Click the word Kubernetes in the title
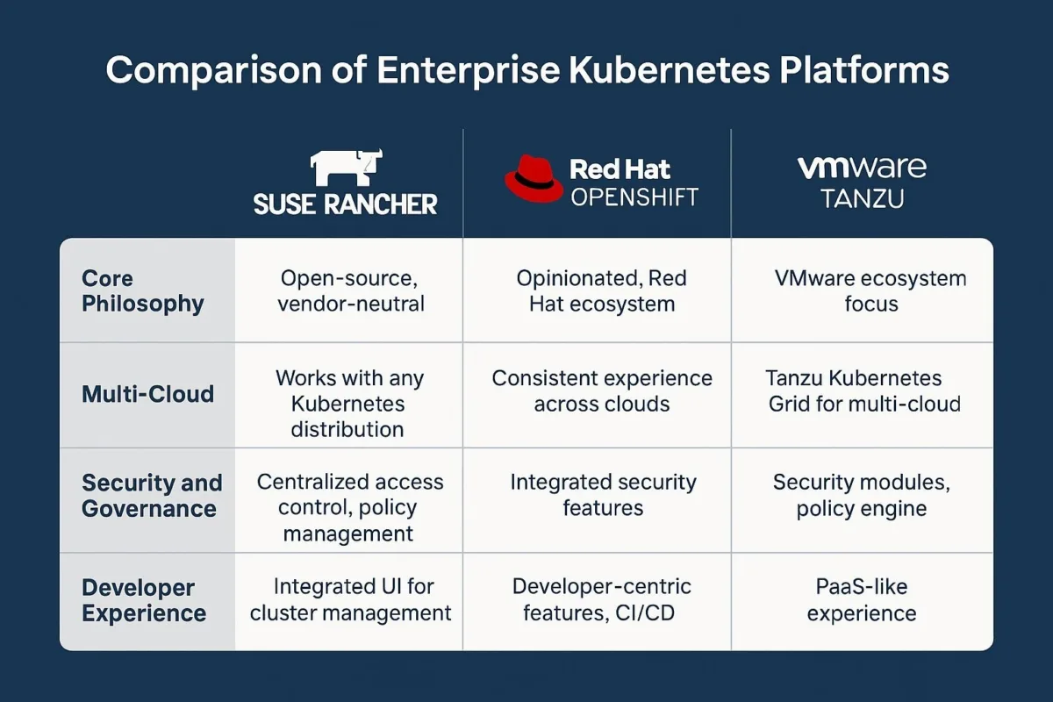pyautogui.click(x=670, y=70)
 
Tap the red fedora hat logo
pyautogui.click(x=534, y=179)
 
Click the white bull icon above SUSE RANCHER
pyautogui.click(x=346, y=168)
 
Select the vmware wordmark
pyautogui.click(x=862, y=168)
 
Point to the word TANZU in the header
pyautogui.click(x=862, y=198)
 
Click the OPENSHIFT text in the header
pyautogui.click(x=634, y=197)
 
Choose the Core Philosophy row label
pyautogui.click(x=143, y=290)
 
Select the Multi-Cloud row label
pyautogui.click(x=147, y=393)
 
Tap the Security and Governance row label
pyautogui.click(x=152, y=496)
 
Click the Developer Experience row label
pyautogui.click(x=144, y=600)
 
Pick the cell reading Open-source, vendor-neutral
pyautogui.click(x=350, y=290)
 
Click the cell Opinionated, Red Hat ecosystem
pyautogui.click(x=601, y=290)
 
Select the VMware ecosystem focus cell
pyautogui.click(x=870, y=290)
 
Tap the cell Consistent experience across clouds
pyautogui.click(x=602, y=390)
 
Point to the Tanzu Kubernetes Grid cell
pyautogui.click(x=863, y=390)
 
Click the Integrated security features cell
pyautogui.click(x=603, y=495)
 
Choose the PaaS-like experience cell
pyautogui.click(x=862, y=600)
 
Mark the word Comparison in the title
pyautogui.click(x=214, y=71)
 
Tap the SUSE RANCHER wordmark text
pyautogui.click(x=346, y=204)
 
